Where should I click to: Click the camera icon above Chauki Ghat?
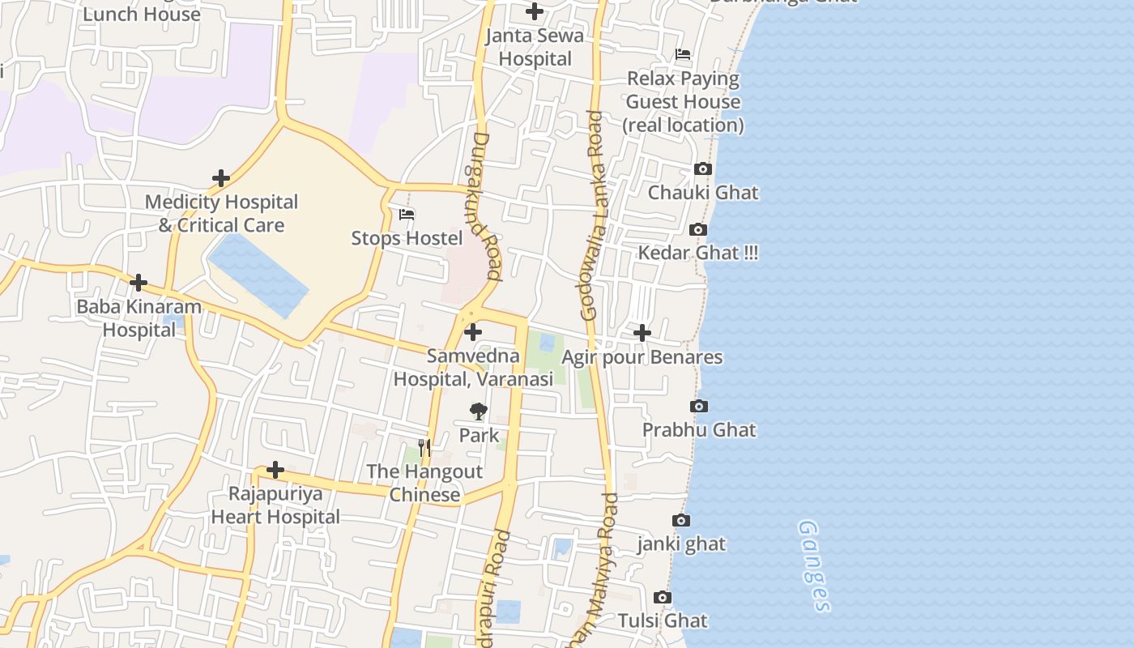click(703, 169)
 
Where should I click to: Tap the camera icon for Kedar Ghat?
click(698, 230)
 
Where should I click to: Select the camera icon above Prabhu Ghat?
click(699, 406)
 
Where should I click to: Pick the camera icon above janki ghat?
click(681, 520)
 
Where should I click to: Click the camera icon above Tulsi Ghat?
click(663, 598)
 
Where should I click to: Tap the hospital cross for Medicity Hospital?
click(221, 178)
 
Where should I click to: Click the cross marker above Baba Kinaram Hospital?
click(139, 283)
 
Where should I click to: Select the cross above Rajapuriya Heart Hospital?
click(275, 470)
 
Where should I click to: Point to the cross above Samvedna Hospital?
click(473, 332)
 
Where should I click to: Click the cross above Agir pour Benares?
click(642, 333)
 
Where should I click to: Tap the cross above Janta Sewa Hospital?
click(535, 11)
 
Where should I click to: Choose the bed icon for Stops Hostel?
click(407, 215)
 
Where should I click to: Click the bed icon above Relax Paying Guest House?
click(683, 55)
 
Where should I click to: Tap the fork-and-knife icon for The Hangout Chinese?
click(424, 447)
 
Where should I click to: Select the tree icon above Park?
click(479, 411)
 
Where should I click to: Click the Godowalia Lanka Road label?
click(593, 215)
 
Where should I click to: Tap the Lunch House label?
click(142, 14)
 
